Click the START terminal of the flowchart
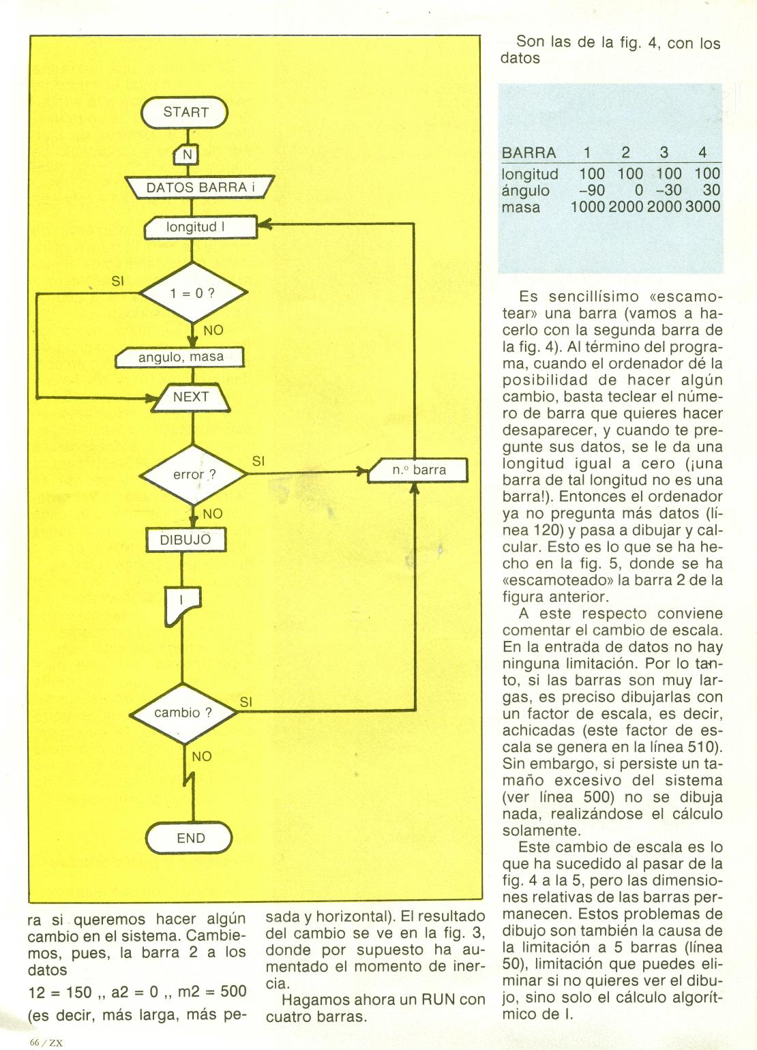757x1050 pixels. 185,112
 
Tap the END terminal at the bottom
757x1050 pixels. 190,838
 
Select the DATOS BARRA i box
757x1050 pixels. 198,187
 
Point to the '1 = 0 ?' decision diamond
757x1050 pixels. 192,294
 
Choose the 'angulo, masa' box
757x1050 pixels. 181,357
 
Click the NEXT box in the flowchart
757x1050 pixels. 191,397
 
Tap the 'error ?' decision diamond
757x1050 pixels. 194,475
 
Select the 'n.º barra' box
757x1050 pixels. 418,470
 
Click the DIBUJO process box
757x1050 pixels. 185,540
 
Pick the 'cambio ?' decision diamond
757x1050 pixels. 183,713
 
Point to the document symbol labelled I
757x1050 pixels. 182,605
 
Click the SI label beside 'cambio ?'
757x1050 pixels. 246,702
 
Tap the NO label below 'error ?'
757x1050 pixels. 213,513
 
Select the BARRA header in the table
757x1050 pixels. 529,153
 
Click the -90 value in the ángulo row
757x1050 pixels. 591,191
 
